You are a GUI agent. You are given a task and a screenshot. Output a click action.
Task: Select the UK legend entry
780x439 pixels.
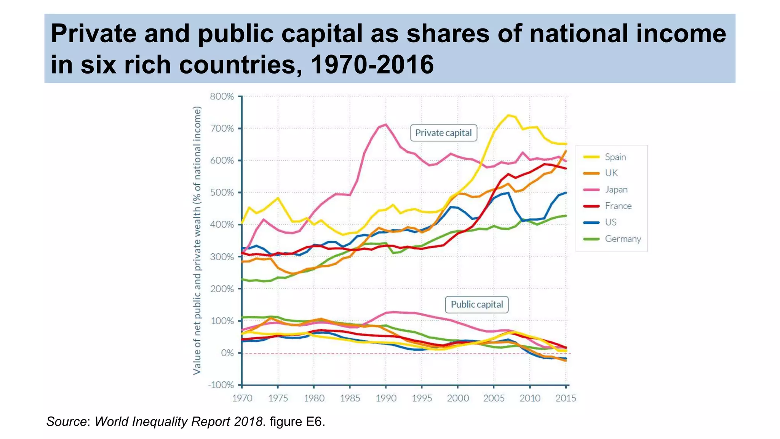(x=611, y=173)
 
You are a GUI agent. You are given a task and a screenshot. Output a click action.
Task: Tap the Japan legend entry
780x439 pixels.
(x=616, y=189)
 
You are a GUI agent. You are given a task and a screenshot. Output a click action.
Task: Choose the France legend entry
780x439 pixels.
(x=618, y=206)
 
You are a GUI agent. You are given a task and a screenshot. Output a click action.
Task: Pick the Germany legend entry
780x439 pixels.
(x=622, y=239)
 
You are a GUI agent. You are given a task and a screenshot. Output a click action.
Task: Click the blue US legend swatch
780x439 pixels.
(x=591, y=222)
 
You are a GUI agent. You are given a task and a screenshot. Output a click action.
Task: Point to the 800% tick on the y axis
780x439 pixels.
(x=222, y=96)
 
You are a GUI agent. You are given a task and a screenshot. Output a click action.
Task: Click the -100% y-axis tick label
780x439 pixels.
(x=221, y=385)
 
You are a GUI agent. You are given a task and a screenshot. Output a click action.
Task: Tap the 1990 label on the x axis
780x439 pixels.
(x=386, y=398)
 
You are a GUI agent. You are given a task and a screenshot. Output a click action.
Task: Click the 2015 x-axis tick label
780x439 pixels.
(x=566, y=398)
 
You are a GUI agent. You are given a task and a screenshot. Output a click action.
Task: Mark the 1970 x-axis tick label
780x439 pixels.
(x=242, y=398)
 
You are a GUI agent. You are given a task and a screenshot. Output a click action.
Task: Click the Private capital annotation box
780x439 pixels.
(x=443, y=133)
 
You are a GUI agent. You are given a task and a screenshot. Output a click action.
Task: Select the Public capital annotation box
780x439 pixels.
(x=476, y=304)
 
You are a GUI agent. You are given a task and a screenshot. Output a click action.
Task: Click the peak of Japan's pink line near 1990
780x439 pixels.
(x=385, y=124)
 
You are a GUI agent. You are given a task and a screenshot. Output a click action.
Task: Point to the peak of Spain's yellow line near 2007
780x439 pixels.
(x=508, y=115)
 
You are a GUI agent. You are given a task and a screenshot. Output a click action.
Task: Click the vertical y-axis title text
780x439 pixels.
(x=197, y=240)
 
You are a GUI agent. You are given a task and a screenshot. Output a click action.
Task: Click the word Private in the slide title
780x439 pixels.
(x=93, y=34)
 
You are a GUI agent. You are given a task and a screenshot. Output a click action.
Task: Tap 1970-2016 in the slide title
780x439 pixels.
(x=372, y=64)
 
